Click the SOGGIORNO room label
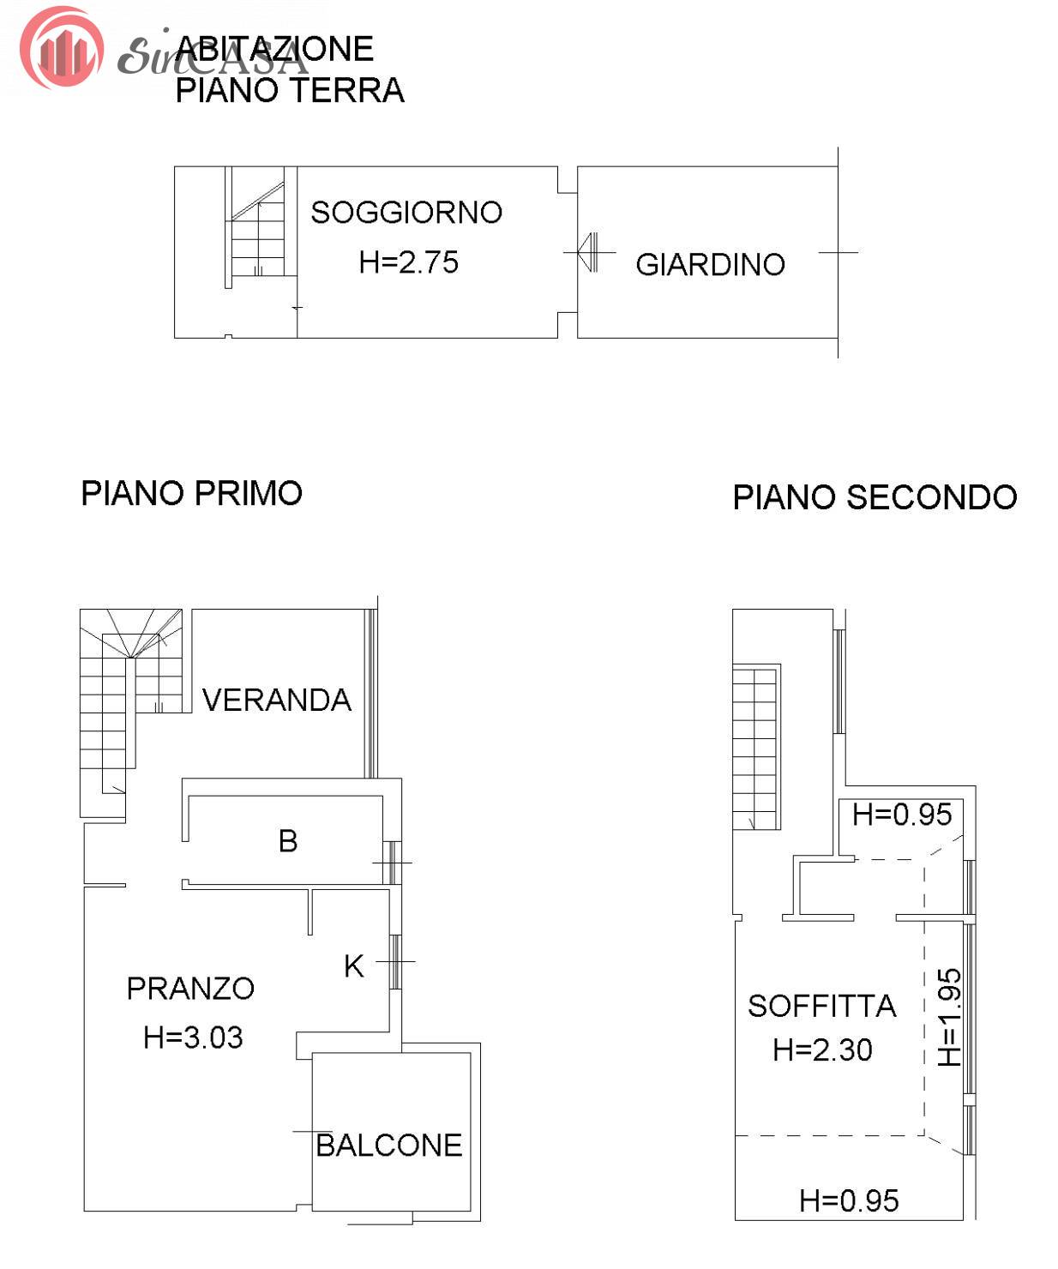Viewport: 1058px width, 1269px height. coord(406,213)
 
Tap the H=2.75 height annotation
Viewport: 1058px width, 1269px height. coord(408,262)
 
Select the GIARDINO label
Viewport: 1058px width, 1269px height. coord(711,265)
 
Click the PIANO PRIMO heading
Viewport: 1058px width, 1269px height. coord(191,493)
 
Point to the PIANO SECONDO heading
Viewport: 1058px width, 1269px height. coord(875,497)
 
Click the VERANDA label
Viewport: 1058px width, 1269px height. coord(276,701)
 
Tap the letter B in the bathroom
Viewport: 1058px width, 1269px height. coord(288,842)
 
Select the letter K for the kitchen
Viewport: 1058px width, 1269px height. coord(354,966)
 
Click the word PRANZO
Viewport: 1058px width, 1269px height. coord(191,989)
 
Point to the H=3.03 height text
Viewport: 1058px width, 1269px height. coord(193,1037)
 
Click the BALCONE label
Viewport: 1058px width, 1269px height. coord(389,1146)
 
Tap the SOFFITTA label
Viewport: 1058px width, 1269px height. coord(822,1007)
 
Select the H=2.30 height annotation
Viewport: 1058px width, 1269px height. coord(823,1049)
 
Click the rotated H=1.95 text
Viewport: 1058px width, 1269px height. coord(950,1018)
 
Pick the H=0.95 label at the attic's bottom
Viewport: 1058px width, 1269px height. coord(849,1201)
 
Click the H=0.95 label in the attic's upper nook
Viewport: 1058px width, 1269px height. coord(902,815)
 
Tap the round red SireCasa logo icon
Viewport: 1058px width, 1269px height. coord(62,47)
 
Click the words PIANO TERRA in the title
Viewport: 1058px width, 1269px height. coord(290,91)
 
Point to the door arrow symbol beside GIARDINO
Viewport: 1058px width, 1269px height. coord(588,252)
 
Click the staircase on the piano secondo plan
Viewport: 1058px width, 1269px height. coord(756,747)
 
